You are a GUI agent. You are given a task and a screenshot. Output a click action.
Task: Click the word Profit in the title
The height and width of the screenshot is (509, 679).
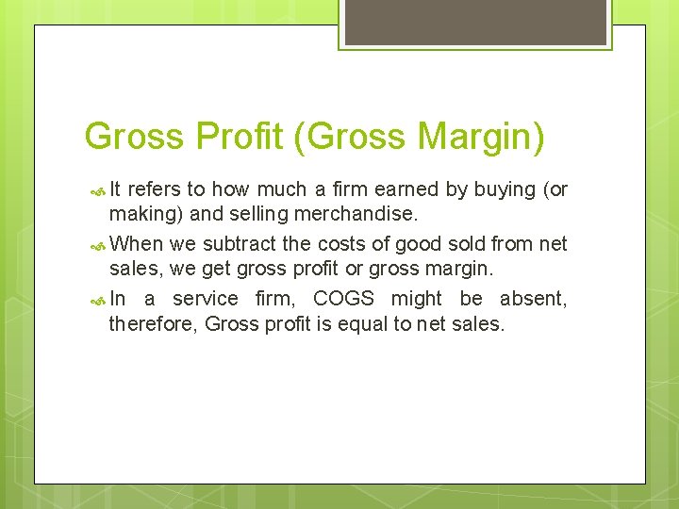pos(240,137)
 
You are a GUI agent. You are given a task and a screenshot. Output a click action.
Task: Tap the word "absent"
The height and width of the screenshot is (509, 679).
pos(532,299)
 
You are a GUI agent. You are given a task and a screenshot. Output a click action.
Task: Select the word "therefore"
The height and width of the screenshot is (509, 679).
pos(153,325)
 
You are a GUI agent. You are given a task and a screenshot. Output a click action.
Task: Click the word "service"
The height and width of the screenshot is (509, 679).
pos(205,299)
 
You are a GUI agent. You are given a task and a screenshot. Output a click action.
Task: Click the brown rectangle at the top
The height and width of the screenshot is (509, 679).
pos(475,22)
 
